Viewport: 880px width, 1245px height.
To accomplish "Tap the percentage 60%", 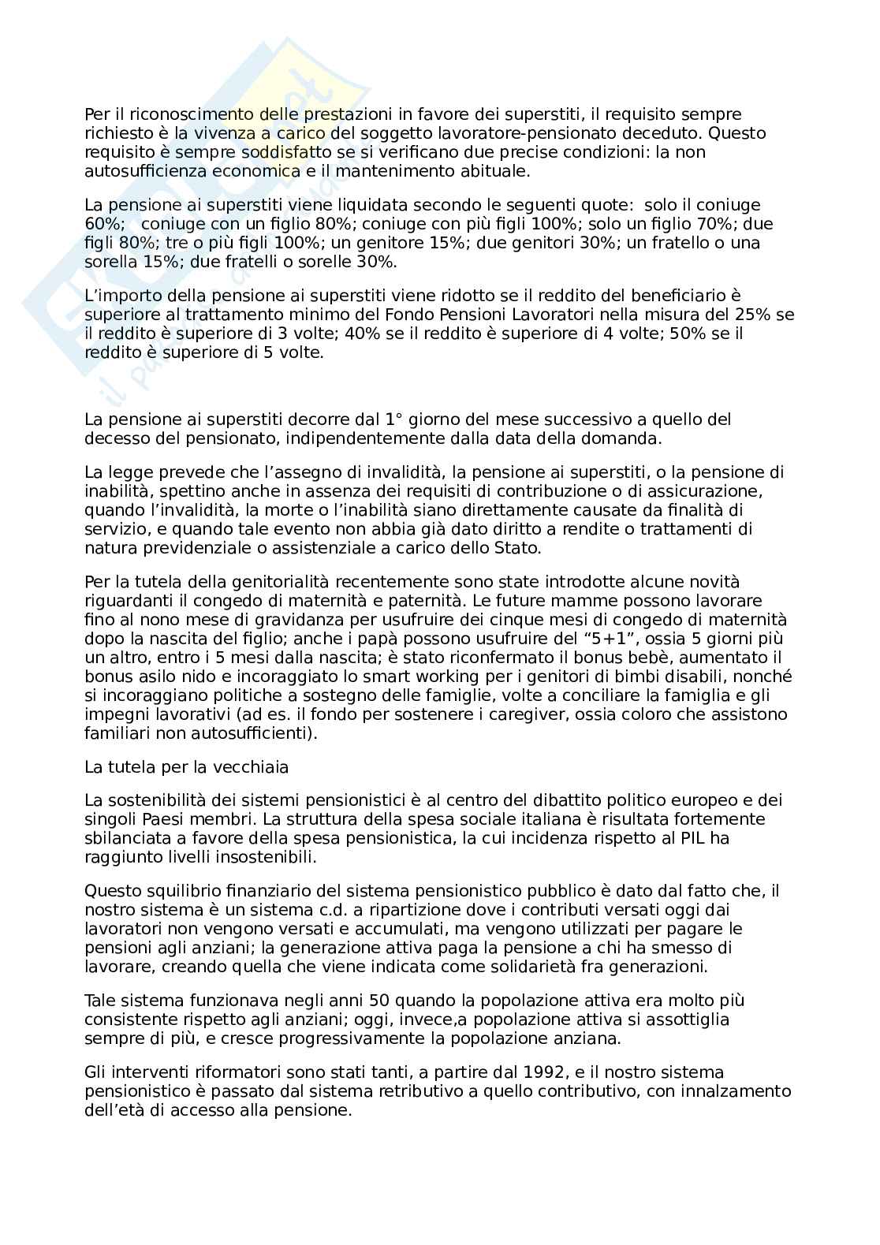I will click(100, 224).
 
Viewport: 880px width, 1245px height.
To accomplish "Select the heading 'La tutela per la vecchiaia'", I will click(186, 766).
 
